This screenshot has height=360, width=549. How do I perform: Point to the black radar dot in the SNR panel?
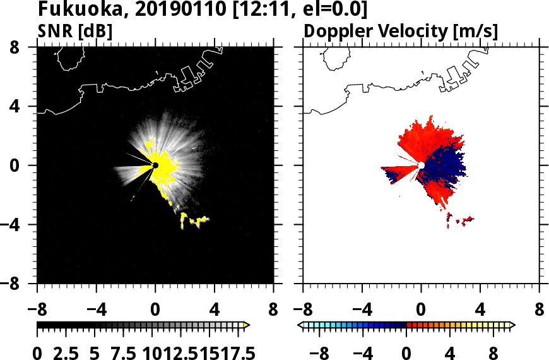(x=155, y=165)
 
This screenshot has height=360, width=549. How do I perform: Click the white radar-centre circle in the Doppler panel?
(x=421, y=165)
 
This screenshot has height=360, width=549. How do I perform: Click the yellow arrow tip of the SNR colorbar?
(x=247, y=325)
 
